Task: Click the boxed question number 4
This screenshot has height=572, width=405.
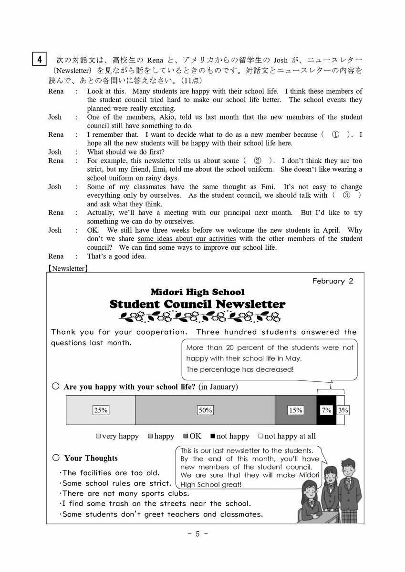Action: point(39,60)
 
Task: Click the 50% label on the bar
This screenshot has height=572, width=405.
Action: point(205,410)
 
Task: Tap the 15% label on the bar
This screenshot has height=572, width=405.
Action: point(295,410)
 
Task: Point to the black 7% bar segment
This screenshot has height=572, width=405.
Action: point(326,410)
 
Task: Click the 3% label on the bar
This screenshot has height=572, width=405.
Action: point(343,410)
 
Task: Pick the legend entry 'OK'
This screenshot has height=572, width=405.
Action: point(192,436)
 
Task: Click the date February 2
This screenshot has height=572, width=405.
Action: point(332,281)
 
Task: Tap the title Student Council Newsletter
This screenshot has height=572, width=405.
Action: point(197,304)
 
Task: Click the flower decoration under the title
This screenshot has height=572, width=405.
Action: point(200,316)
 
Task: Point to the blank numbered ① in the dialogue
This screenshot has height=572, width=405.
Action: point(335,135)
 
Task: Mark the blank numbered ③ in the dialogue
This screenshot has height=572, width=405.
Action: point(346,195)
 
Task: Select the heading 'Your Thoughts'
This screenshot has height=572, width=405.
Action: point(91,458)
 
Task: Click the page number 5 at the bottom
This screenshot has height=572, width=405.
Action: point(197,533)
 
